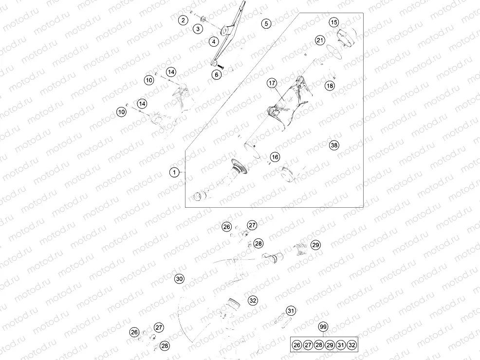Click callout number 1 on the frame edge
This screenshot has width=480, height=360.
click(x=174, y=172)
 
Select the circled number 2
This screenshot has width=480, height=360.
click(x=183, y=20)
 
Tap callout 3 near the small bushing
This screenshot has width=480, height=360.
click(x=197, y=29)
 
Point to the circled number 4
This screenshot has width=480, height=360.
click(x=214, y=42)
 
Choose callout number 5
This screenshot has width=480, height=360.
click(x=265, y=23)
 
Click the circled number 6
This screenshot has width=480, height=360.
click(x=217, y=74)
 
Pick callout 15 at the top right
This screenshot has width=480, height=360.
click(x=333, y=22)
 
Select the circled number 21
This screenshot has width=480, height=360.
click(x=319, y=40)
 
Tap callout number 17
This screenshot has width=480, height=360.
click(x=272, y=83)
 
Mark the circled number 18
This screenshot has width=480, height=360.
click(x=330, y=86)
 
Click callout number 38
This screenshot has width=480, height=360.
click(x=333, y=145)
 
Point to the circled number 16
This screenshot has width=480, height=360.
click(x=276, y=157)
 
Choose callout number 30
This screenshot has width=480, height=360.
click(x=180, y=279)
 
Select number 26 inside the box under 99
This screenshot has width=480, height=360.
click(x=297, y=345)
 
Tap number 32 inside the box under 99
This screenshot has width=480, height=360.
click(x=352, y=345)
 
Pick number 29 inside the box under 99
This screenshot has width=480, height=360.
click(x=330, y=345)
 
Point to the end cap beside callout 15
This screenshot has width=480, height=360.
click(x=347, y=38)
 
